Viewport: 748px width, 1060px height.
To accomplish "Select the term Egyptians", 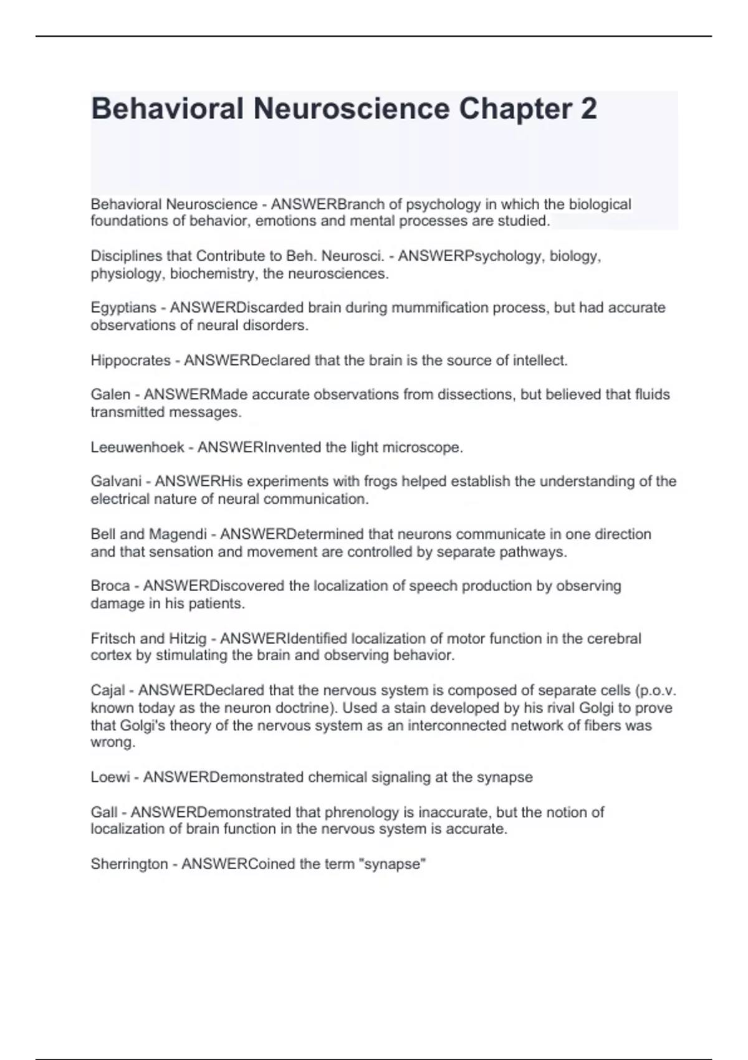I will [123, 308].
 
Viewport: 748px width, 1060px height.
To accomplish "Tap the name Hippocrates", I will [130, 360].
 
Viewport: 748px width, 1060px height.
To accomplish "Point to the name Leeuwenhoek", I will [137, 448].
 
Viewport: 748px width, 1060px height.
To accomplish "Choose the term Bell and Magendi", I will [148, 534].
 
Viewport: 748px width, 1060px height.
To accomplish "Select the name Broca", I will [110, 586].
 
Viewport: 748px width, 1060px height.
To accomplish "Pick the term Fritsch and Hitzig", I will [148, 638].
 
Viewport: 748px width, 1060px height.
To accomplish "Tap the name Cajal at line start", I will [108, 691].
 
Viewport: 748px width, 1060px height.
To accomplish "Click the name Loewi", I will [110, 778].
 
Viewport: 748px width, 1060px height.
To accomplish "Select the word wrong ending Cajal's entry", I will [112, 743].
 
